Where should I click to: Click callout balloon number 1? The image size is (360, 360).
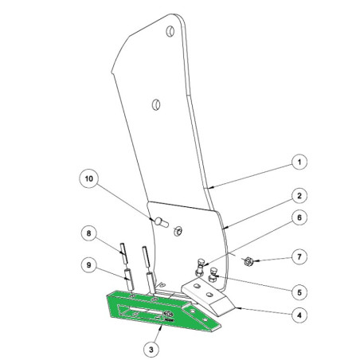[299, 162]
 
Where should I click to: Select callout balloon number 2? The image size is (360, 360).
[299, 196]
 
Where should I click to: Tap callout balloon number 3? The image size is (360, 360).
[151, 350]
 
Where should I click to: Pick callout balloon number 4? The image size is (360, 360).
[299, 315]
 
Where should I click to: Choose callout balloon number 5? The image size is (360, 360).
[299, 292]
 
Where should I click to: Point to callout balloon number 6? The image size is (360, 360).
[299, 217]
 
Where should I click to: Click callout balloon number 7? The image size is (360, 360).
[299, 257]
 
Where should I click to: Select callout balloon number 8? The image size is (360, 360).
[88, 233]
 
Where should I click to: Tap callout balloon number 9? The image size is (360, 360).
[88, 265]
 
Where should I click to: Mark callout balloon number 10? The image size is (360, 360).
[89, 178]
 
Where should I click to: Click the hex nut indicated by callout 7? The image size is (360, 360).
[248, 261]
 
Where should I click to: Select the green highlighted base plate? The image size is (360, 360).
[159, 310]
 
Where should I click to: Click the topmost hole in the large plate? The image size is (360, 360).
[170, 32]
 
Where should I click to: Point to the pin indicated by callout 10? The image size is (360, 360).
[161, 222]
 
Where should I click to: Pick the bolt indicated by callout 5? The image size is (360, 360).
[213, 276]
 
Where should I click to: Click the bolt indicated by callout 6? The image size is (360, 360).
[200, 268]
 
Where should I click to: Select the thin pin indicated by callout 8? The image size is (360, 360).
[123, 252]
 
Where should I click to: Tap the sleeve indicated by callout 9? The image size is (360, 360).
[129, 280]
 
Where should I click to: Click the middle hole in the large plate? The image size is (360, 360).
[156, 105]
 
